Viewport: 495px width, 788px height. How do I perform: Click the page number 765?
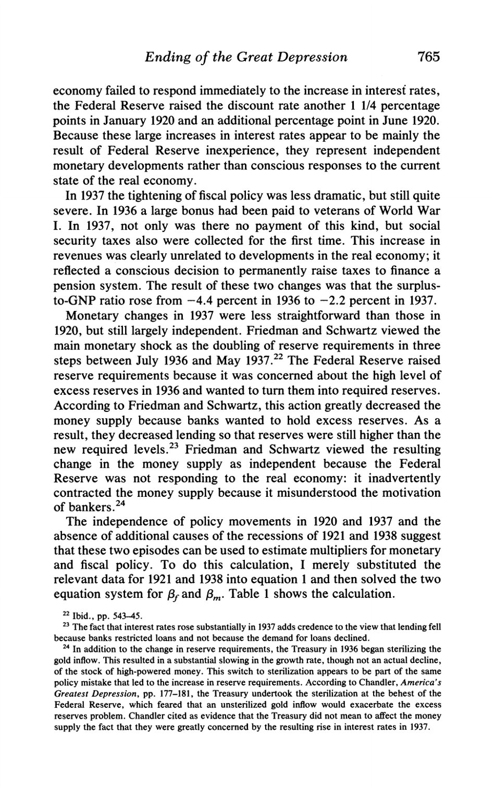pyautogui.click(x=425, y=57)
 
